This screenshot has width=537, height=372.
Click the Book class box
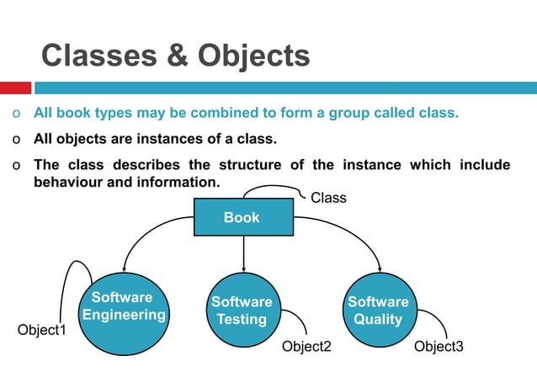pos(242,218)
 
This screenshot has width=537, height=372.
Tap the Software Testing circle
pos(242,311)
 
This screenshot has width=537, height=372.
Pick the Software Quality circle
pos(379,311)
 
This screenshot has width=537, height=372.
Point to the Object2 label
pos(306,347)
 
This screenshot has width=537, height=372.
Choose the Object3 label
pos(439,347)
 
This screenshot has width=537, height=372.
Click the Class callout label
pos(328,198)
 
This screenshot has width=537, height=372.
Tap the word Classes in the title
pos(97,56)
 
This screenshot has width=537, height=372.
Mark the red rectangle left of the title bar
pos(15,88)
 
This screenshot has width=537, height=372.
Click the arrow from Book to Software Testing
pos(243,252)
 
